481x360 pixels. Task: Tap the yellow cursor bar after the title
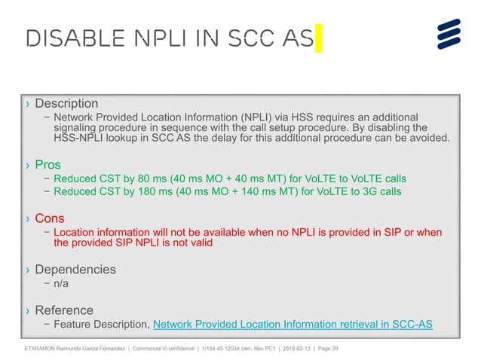(319, 37)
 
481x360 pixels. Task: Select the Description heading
(66, 102)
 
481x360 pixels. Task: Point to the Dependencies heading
(75, 269)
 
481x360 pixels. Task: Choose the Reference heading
(64, 310)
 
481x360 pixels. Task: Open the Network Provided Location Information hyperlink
(293, 325)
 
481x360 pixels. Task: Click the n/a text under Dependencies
(63, 284)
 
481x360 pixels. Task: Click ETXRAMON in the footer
(41, 349)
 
